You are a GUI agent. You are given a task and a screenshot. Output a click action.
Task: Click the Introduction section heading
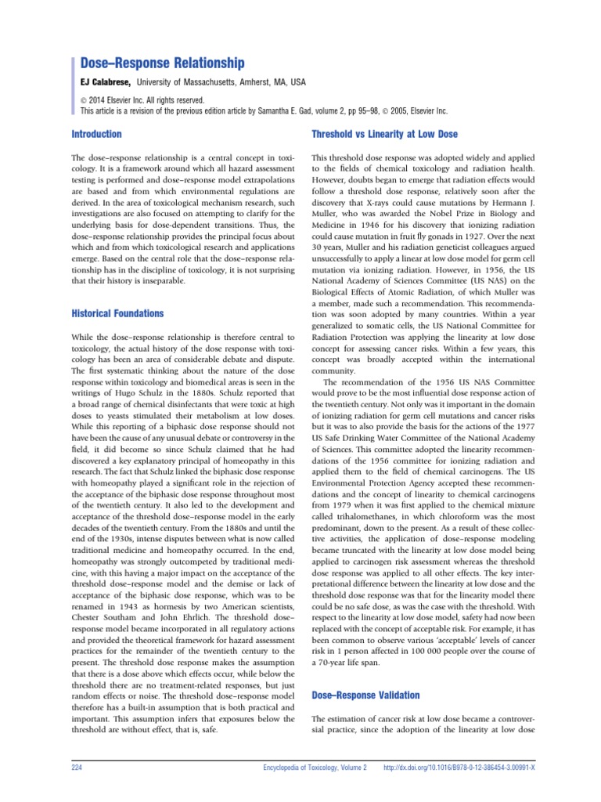[x=96, y=134]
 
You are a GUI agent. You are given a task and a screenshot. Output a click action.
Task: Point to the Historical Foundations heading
[x=117, y=313]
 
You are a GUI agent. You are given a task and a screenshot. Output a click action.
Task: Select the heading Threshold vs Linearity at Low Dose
[x=385, y=134]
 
